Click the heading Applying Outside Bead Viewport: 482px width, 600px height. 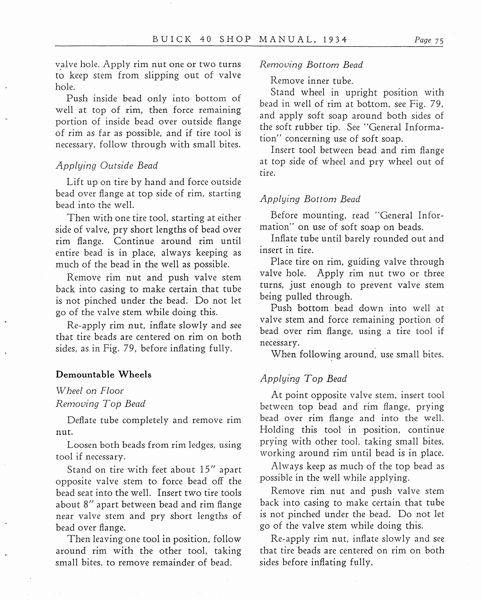coord(107,166)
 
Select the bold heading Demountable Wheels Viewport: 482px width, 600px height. coord(103,374)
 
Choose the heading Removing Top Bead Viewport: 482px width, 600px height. coord(100,404)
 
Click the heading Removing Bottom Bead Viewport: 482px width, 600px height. coord(311,65)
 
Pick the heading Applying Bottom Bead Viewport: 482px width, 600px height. coord(310,199)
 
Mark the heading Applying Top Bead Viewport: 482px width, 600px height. coord(303,379)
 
